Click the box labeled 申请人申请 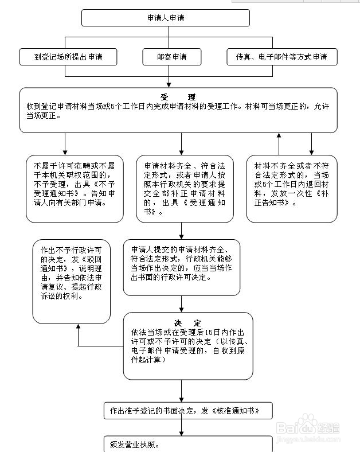[166, 18]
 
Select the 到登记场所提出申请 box [68, 57]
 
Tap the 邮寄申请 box [171, 57]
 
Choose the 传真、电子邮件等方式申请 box [282, 57]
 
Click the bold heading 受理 [178, 97]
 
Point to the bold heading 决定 [188, 323]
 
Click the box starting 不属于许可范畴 [75, 189]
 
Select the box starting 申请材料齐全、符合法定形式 [185, 189]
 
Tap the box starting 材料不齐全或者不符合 [292, 189]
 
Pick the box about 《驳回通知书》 [72, 282]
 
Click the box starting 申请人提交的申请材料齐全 [182, 267]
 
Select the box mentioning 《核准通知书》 [188, 411]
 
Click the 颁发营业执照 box [188, 444]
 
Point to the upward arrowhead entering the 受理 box [279, 135]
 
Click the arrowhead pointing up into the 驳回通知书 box [78, 326]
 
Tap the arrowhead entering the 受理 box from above [169, 85]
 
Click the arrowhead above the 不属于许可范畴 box [65, 153]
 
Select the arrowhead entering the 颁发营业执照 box [182, 433]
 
